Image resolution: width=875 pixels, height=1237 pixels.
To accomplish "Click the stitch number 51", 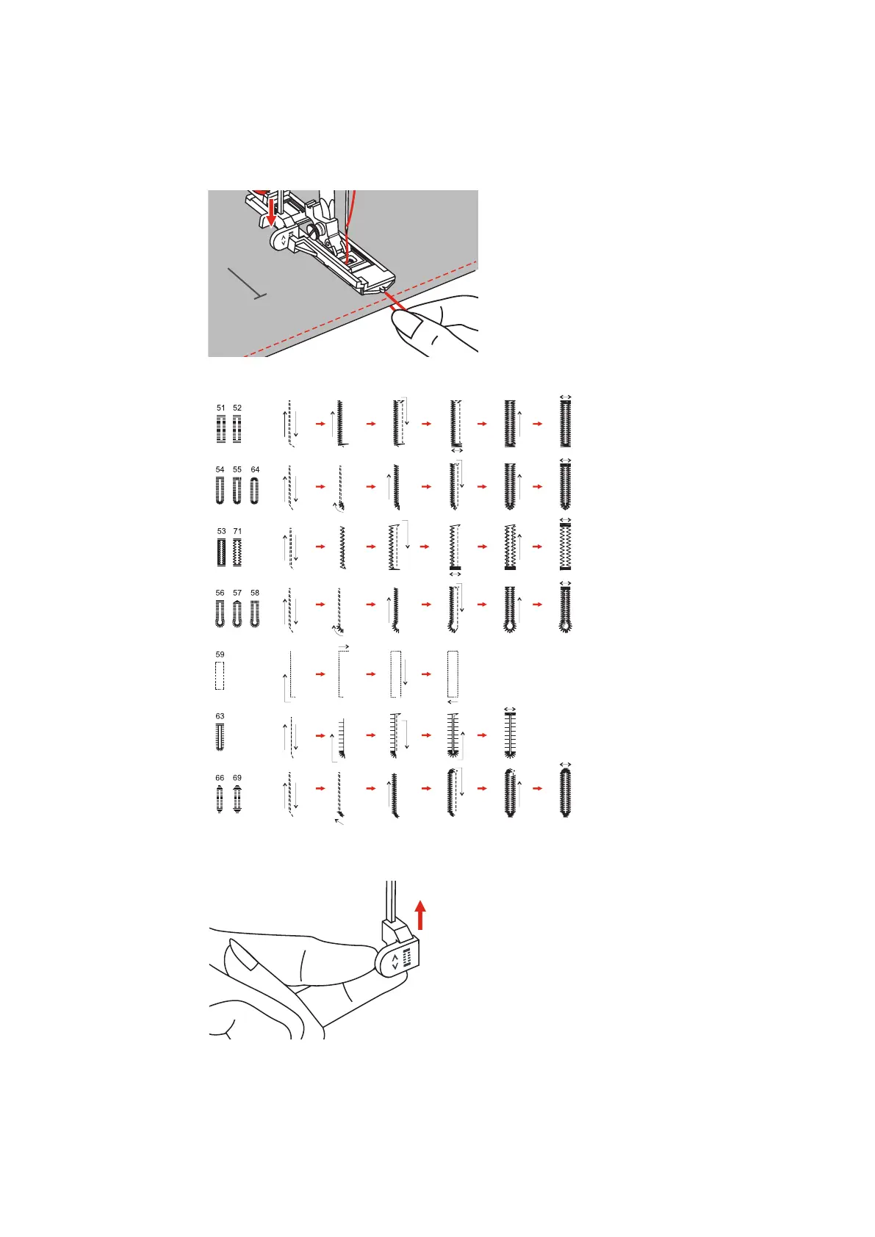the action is [221, 408].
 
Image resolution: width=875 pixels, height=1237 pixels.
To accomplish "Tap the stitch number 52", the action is [237, 408].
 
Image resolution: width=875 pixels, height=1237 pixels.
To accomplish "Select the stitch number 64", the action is [255, 469].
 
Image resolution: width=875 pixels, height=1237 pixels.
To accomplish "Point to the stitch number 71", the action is [237, 531].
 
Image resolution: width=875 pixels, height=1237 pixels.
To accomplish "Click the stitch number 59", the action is [220, 654].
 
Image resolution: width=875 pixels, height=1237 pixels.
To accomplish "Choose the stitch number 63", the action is [220, 716].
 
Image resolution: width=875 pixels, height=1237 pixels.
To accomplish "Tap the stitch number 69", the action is [237, 778].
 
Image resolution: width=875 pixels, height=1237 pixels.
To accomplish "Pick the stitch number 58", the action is [255, 593].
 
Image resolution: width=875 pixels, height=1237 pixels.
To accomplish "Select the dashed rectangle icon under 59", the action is [219, 676].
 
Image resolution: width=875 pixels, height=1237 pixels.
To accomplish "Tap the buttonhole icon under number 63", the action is [220, 737].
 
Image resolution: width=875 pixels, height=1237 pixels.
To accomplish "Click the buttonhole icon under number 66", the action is [220, 798].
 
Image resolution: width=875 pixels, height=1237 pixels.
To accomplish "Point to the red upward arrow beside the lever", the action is [420, 915].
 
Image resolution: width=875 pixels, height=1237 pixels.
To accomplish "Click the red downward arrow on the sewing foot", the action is [271, 209].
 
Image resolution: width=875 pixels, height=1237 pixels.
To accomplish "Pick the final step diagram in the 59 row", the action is [453, 674].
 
